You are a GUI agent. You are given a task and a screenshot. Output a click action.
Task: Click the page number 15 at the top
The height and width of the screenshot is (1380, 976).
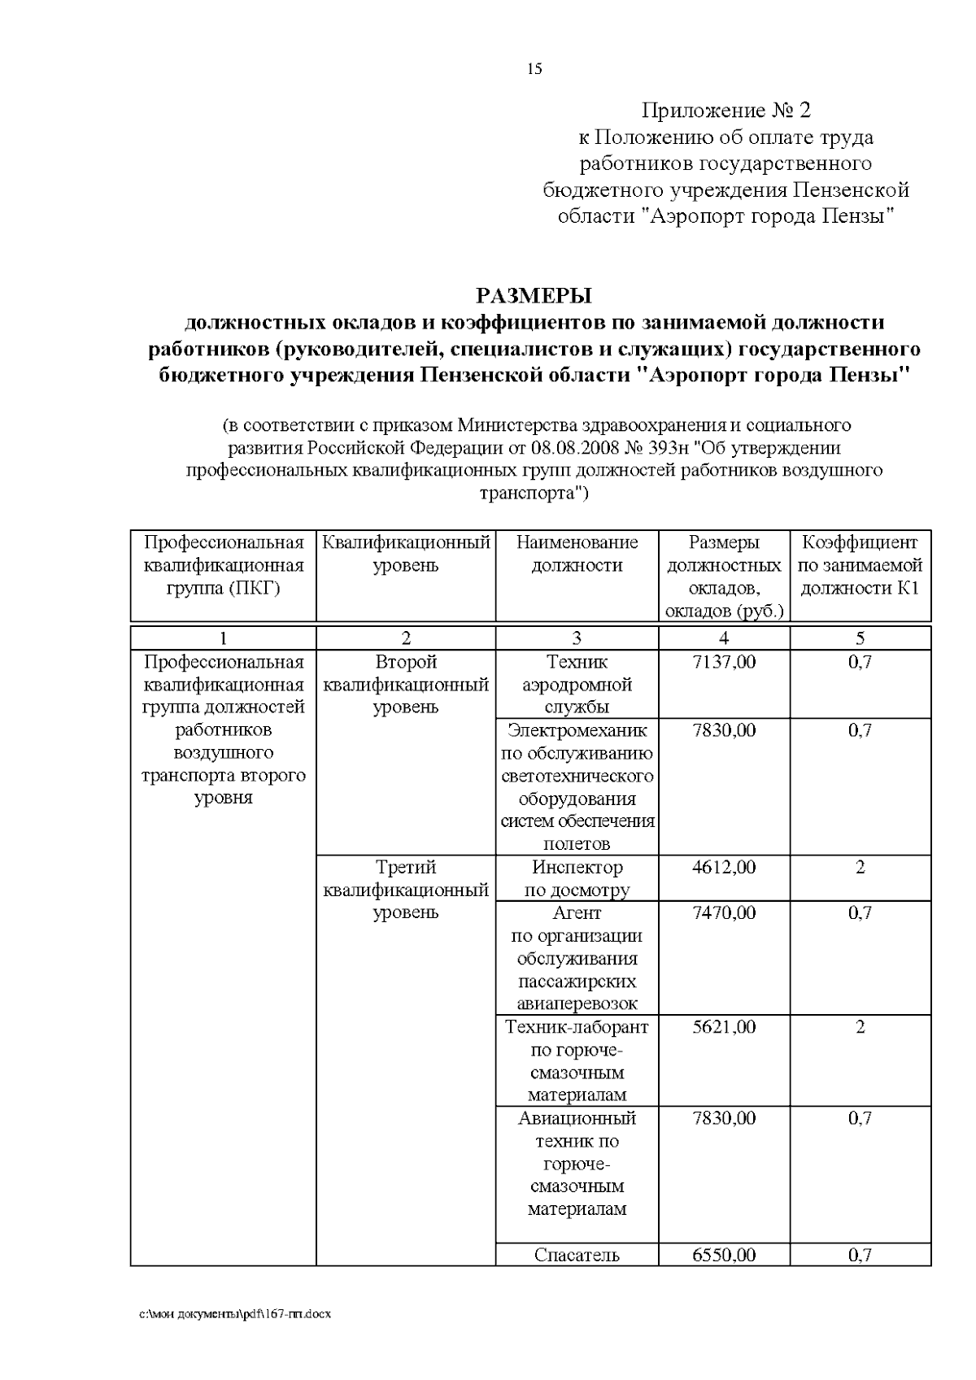coord(534,69)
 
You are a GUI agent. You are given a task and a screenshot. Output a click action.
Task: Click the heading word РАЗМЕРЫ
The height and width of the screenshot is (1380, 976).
coord(534,295)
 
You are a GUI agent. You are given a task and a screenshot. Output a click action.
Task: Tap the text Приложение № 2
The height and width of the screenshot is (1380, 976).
coord(726,111)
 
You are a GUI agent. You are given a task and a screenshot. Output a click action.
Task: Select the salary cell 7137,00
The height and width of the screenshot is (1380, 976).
coord(723,662)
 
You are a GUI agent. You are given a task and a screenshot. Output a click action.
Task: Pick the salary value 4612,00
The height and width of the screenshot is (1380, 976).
coord(723,868)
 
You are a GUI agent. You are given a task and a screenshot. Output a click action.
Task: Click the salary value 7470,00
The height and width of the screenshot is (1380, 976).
coord(723,913)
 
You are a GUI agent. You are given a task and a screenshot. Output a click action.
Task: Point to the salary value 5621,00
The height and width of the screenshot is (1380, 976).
coord(723,1027)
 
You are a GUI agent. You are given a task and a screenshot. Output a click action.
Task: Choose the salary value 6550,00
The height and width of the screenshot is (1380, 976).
coord(723,1255)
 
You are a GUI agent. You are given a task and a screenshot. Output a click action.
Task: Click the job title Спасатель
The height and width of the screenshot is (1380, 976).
coord(577,1255)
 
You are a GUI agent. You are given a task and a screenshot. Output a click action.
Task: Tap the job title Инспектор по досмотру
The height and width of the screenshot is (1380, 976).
coord(577,879)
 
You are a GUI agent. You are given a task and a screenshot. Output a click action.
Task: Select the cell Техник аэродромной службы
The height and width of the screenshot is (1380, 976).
coord(577,684)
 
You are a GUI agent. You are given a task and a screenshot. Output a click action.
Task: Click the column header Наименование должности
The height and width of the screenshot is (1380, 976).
coord(577,554)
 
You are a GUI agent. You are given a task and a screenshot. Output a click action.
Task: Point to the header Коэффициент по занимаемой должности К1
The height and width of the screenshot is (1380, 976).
coord(860,565)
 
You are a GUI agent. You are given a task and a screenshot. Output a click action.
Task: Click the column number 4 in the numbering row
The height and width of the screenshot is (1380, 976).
coord(724,638)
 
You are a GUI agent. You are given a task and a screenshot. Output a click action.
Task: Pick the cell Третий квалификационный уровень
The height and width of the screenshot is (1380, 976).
coord(406,890)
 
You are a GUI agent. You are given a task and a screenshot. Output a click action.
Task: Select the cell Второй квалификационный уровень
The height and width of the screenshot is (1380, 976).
coord(406,684)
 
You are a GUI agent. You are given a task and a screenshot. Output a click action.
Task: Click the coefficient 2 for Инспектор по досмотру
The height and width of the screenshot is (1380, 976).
coord(860,868)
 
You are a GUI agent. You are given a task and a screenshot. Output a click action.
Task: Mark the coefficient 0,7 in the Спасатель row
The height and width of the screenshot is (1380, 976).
coord(860,1255)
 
